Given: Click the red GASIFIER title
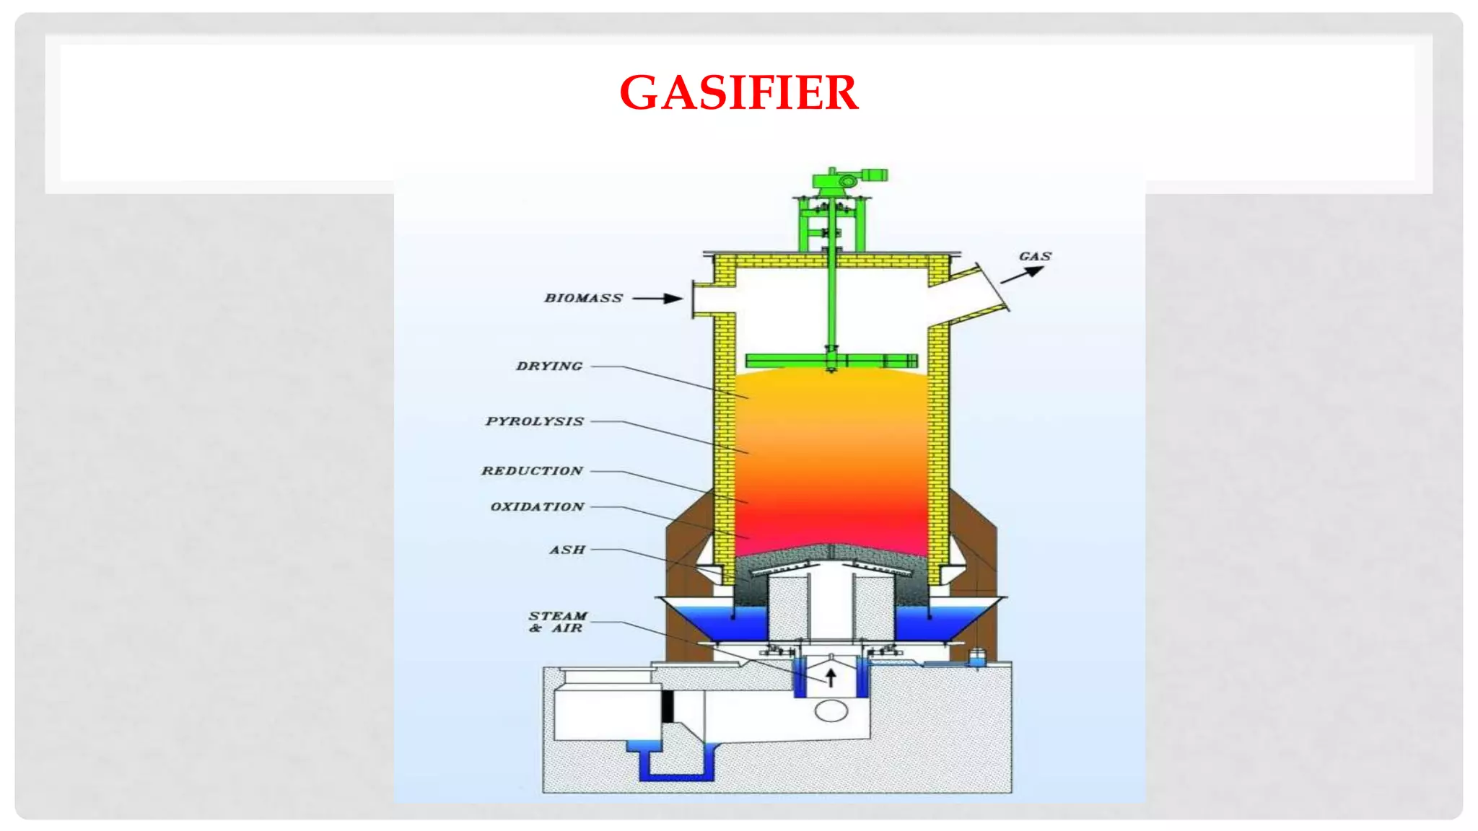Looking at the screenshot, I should (738, 93).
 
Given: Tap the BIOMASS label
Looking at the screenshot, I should (583, 298).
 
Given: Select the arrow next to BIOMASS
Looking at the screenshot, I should (657, 298).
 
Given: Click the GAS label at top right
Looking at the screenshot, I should (1035, 256).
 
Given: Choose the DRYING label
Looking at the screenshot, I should (549, 366).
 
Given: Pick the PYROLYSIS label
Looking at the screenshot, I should (535, 421).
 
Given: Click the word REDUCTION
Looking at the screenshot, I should (533, 471).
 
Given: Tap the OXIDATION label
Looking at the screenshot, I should (538, 507).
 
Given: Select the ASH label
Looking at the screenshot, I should (567, 550).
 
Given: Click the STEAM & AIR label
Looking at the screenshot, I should (557, 622).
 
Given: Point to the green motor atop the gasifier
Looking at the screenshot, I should (848, 178).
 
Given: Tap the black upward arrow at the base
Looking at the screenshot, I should (831, 677).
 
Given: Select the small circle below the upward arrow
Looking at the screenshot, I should (831, 711).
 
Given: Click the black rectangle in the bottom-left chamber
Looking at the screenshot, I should (668, 706).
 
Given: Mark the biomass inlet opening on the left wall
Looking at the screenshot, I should (704, 298).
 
